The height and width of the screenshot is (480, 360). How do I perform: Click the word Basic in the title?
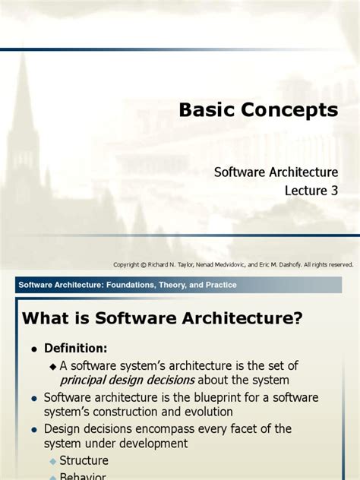click(x=203, y=110)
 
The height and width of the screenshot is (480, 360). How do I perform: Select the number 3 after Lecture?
click(x=333, y=191)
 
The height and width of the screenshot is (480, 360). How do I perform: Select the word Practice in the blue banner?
click(x=219, y=285)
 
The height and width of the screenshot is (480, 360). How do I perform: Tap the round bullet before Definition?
click(x=34, y=349)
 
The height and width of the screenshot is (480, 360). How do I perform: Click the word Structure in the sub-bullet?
click(x=85, y=460)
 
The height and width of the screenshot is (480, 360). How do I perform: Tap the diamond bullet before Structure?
click(x=53, y=461)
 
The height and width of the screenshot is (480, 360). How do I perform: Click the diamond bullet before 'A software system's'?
click(x=53, y=365)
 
